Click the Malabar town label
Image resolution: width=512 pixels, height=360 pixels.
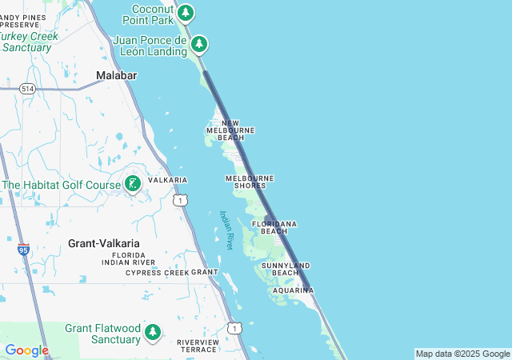pyautogui.click(x=117, y=75)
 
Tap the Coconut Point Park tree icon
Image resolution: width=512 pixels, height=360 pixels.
pyautogui.click(x=186, y=12)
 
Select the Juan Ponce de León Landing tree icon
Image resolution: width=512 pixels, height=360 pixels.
pyautogui.click(x=198, y=44)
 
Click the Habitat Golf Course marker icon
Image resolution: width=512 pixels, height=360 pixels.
pyautogui.click(x=133, y=184)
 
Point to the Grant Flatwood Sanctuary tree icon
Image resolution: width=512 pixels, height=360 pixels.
pyautogui.click(x=153, y=332)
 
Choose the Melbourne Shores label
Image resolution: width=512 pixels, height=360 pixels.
pyautogui.click(x=250, y=182)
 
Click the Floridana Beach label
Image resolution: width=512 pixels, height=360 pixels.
pyautogui.click(x=274, y=226)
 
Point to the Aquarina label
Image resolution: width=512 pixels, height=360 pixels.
pyautogui.click(x=292, y=290)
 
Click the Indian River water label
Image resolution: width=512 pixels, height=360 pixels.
pyautogui.click(x=226, y=230)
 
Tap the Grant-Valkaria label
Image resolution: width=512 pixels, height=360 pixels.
pyautogui.click(x=104, y=243)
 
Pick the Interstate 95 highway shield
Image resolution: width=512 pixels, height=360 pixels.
pyautogui.click(x=23, y=250)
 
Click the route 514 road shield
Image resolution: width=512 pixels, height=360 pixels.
pyautogui.click(x=29, y=87)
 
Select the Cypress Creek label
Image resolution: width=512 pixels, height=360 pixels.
pyautogui.click(x=157, y=273)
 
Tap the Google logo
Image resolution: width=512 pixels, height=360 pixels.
pyautogui.click(x=26, y=350)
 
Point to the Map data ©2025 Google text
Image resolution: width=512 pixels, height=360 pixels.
pyautogui.click(x=462, y=354)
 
